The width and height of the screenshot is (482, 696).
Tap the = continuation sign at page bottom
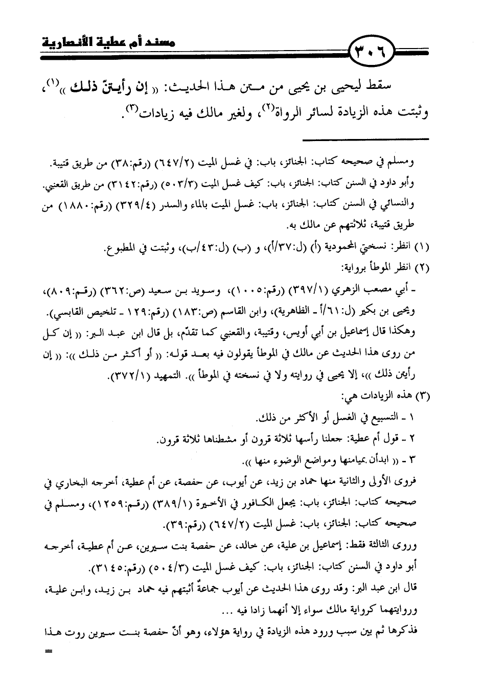pyautogui.click(x=49, y=652)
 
